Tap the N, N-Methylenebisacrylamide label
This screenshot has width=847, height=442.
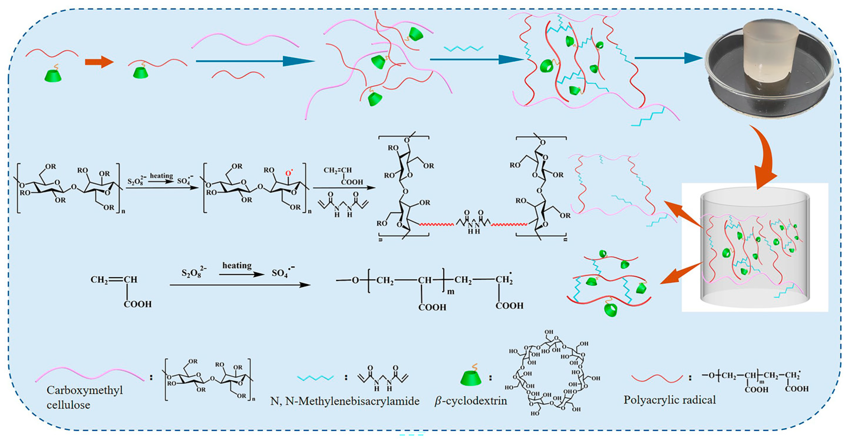tap(345, 401)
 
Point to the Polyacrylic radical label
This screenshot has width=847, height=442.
tap(670, 400)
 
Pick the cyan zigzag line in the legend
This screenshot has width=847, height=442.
tap(315, 378)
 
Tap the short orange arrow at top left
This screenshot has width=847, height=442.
tap(99, 62)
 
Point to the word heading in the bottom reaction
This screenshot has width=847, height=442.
tap(237, 265)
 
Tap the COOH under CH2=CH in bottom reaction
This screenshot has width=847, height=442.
tap(138, 304)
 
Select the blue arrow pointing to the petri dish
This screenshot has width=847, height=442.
tap(668, 58)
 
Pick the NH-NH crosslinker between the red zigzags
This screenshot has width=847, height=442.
tap(473, 224)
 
